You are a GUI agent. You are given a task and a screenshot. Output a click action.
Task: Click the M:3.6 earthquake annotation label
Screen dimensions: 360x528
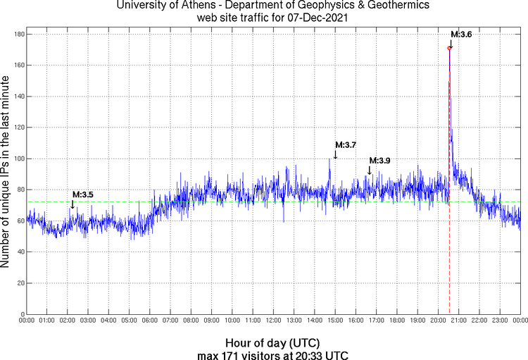click(x=461, y=35)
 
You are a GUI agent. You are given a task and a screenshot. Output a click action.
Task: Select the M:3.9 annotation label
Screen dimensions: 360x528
click(x=379, y=161)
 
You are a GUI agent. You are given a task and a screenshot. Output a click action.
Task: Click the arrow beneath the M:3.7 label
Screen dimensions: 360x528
click(x=335, y=154)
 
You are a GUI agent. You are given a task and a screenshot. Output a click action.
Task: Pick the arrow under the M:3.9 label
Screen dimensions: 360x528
click(x=370, y=170)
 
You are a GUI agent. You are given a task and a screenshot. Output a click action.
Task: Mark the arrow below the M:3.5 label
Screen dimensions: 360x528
click(x=73, y=204)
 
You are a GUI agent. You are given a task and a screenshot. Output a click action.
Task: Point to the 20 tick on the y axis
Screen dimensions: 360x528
click(x=21, y=283)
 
